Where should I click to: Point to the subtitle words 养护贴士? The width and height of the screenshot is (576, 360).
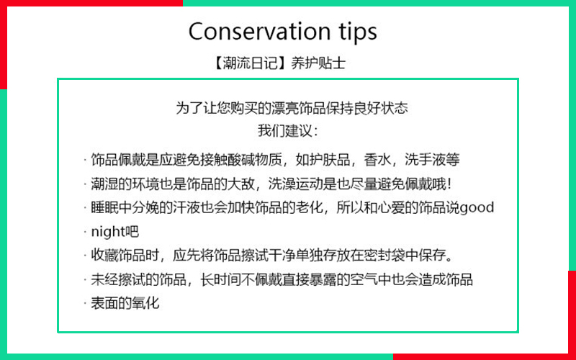click(318, 63)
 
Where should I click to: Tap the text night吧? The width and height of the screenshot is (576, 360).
click(115, 232)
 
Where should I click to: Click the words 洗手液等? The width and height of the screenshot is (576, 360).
click(432, 160)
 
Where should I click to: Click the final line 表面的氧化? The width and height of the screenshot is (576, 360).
click(125, 303)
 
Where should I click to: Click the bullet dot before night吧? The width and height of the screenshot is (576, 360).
click(84, 232)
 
